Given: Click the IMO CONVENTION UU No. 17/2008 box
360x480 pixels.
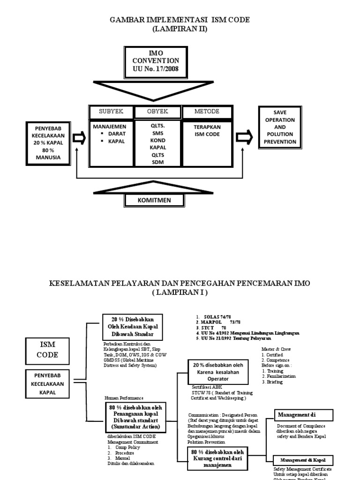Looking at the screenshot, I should click(x=156, y=63).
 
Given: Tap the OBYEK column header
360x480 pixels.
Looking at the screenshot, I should click(x=157, y=112).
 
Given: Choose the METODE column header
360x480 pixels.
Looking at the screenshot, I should click(x=207, y=112).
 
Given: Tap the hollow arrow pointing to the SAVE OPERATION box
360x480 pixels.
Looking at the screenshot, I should click(x=244, y=138).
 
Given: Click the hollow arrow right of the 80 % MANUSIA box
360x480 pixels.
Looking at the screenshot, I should click(x=79, y=138).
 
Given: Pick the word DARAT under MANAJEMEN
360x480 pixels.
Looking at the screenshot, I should click(x=116, y=134).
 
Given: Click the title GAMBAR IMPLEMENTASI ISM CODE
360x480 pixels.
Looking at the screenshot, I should click(x=180, y=20).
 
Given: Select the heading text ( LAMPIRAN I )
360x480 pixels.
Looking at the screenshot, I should click(x=180, y=292).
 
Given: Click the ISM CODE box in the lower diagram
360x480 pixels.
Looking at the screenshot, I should click(x=48, y=350).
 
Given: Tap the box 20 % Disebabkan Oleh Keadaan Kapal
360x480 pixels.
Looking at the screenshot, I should click(x=133, y=327).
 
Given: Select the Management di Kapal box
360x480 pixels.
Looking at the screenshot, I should click(x=303, y=460).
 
